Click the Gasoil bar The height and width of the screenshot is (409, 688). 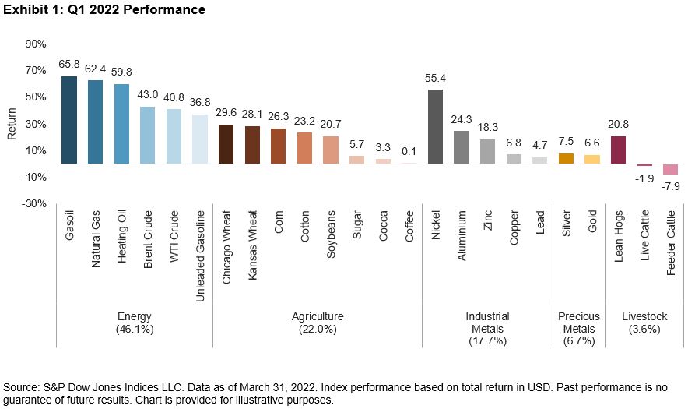pyautogui.click(x=69, y=120)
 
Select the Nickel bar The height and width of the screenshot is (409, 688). pyautogui.click(x=436, y=127)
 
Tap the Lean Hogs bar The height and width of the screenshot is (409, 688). pyautogui.click(x=619, y=150)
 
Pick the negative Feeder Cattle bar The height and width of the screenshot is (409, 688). pyautogui.click(x=670, y=169)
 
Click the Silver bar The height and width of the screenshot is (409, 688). pyautogui.click(x=566, y=159)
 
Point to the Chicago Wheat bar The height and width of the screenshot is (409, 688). pyautogui.click(x=226, y=144)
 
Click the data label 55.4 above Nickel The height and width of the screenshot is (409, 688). pyautogui.click(x=436, y=79)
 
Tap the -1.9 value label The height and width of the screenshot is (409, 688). pyautogui.click(x=644, y=178)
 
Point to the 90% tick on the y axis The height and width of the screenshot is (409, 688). pyautogui.click(x=35, y=44)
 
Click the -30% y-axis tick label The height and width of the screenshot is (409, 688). pyautogui.click(x=35, y=204)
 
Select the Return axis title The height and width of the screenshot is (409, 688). pyautogui.click(x=11, y=124)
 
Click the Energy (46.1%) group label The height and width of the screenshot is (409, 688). pyautogui.click(x=134, y=323)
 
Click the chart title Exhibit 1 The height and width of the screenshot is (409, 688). pyautogui.click(x=105, y=10)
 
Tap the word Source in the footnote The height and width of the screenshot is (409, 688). pyautogui.click(x=21, y=387)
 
